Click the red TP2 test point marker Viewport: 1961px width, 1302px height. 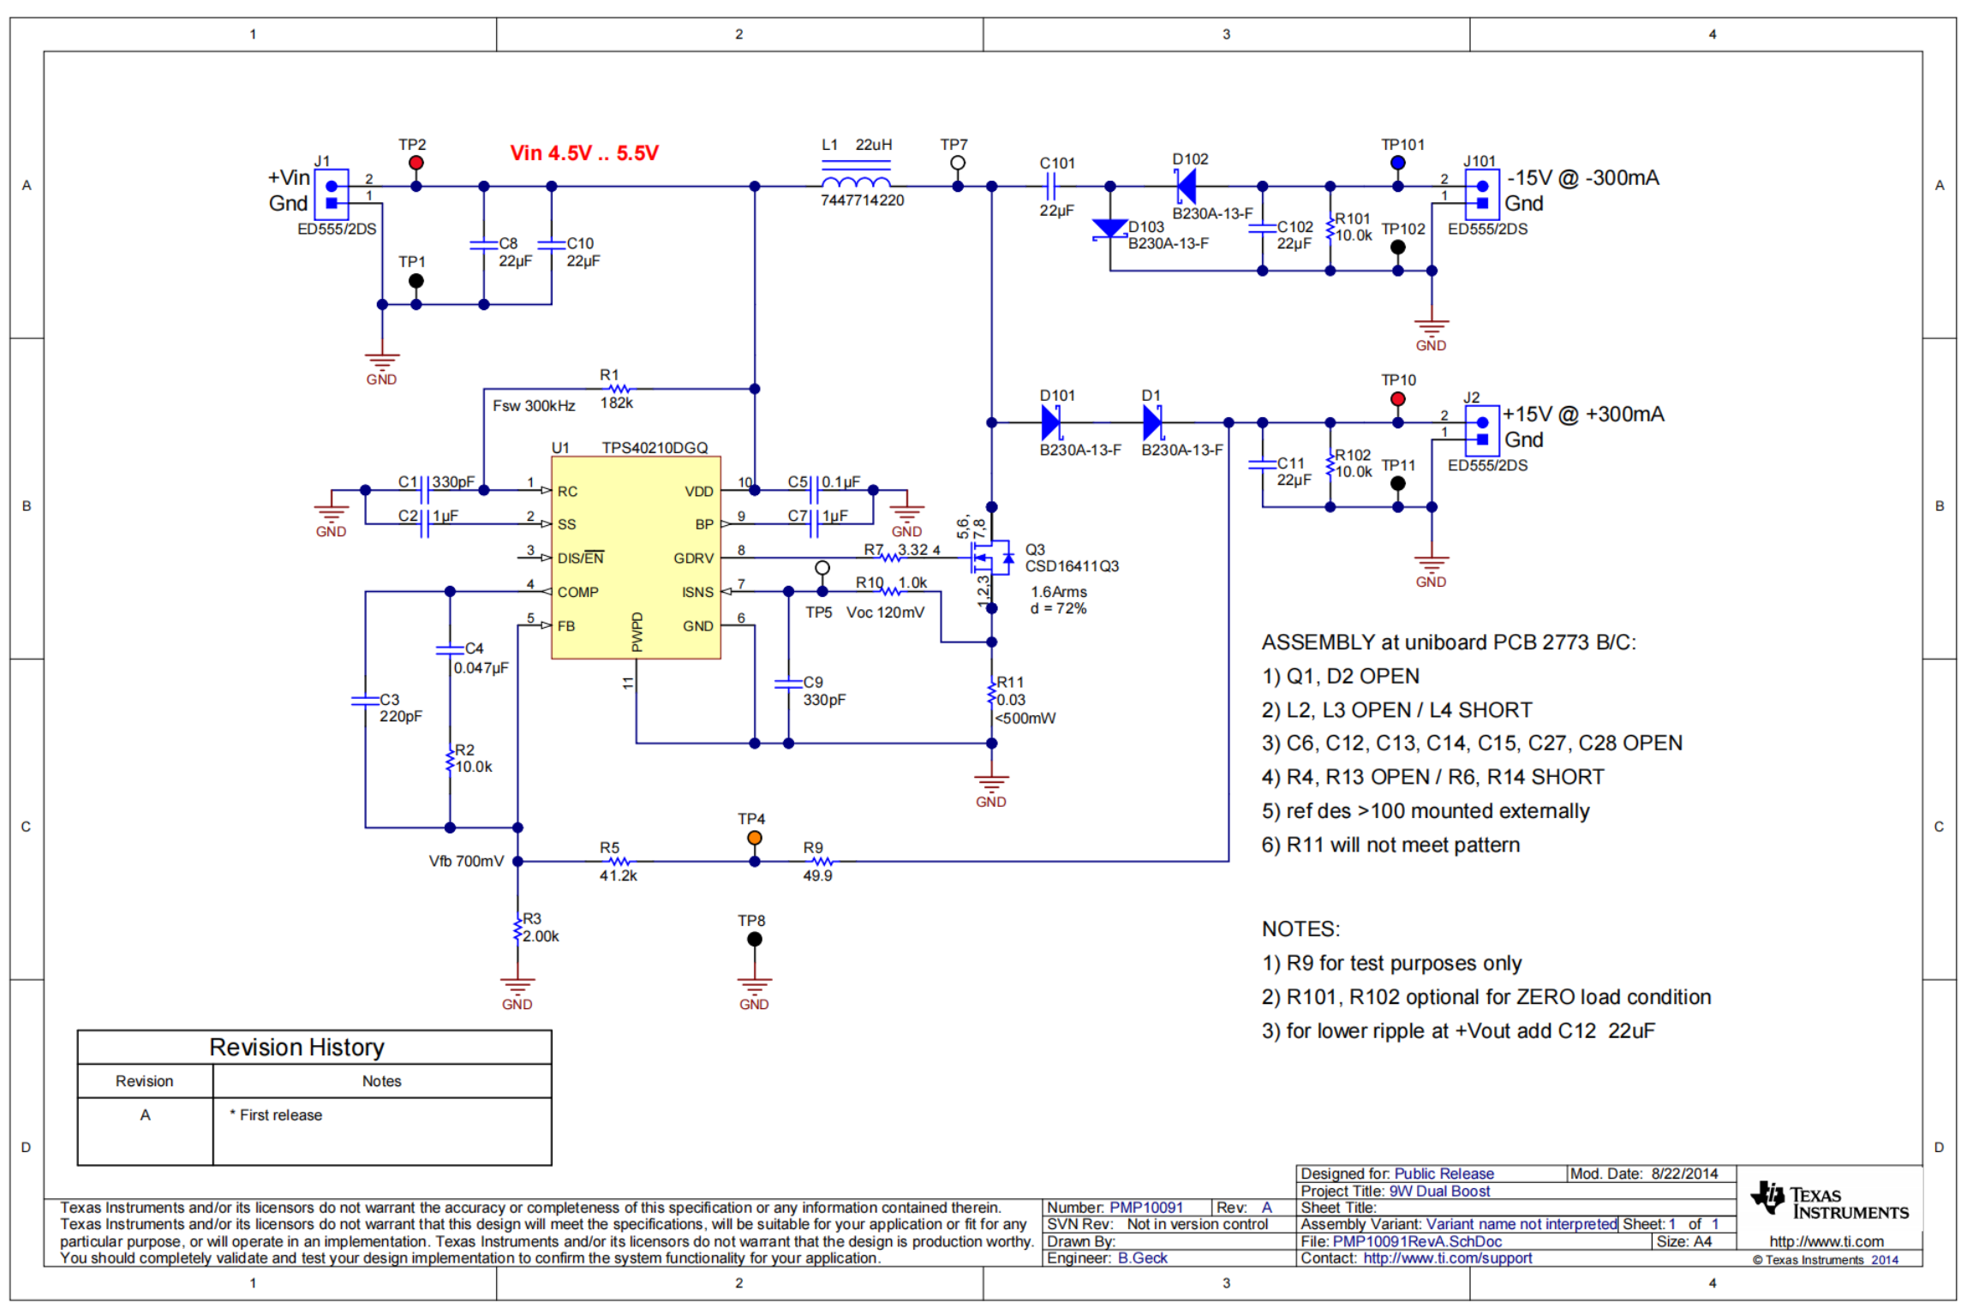pyautogui.click(x=416, y=163)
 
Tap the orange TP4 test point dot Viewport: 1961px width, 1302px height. pyautogui.click(x=754, y=838)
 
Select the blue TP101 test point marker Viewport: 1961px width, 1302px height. pyautogui.click(x=1397, y=163)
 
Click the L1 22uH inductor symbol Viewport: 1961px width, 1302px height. pyautogui.click(x=855, y=182)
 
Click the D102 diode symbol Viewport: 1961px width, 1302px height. pyautogui.click(x=1187, y=186)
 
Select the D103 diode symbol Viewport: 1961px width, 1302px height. pyautogui.click(x=1109, y=229)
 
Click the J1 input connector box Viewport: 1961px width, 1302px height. pyautogui.click(x=332, y=194)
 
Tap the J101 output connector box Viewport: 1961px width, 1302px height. pyautogui.click(x=1481, y=194)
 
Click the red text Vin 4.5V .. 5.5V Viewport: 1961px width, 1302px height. pyautogui.click(x=583, y=153)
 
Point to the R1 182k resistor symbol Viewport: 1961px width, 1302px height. pyautogui.click(x=619, y=389)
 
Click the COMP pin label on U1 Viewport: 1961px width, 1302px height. pyautogui.click(x=577, y=592)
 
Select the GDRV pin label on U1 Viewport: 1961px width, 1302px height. pyautogui.click(x=693, y=558)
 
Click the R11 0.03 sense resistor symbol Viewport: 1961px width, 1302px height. pyautogui.click(x=991, y=693)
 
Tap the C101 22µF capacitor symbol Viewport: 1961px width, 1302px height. pyautogui.click(x=1050, y=186)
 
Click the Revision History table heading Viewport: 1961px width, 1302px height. pyautogui.click(x=296, y=1047)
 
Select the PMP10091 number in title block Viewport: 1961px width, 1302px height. pyautogui.click(x=1145, y=1207)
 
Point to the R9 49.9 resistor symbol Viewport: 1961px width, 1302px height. pyautogui.click(x=822, y=862)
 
